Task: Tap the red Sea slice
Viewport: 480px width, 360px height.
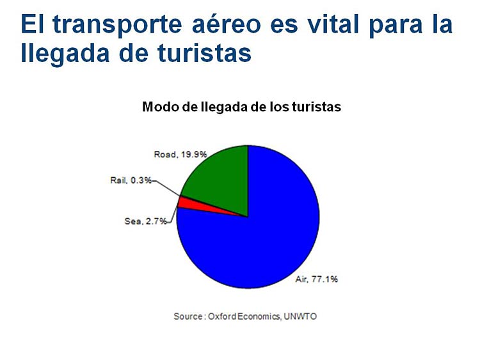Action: pos(196,205)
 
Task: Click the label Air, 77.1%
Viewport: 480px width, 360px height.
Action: pos(317,279)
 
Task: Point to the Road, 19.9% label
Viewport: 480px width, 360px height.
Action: pos(180,154)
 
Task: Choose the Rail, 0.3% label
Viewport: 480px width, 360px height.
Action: pos(131,180)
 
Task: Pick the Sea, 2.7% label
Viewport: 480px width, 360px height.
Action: pos(146,221)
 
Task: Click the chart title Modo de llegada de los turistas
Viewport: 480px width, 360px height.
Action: pos(241,107)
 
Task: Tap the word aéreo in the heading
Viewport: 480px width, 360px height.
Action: pos(226,24)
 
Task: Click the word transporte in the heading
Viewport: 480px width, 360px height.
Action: pos(117,26)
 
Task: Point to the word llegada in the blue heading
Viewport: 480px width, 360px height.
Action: pos(65,54)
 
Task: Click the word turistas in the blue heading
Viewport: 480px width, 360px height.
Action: pos(204,53)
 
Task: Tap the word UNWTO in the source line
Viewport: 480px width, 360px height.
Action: pos(300,316)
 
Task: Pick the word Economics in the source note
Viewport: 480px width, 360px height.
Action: pos(259,316)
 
